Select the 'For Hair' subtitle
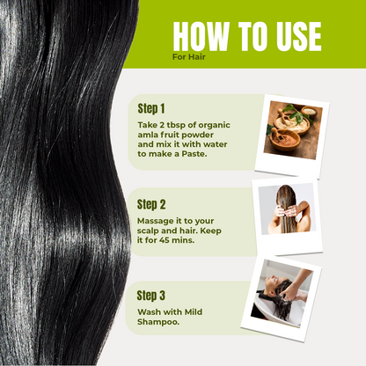[188, 57]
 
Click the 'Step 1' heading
[151, 108]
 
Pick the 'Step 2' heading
[151, 204]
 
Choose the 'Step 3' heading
[151, 296]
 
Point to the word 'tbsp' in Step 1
[176, 125]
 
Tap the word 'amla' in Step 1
[148, 135]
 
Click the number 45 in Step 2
[165, 240]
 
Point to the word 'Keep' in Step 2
[210, 231]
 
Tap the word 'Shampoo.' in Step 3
[158, 322]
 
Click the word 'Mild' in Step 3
[194, 311]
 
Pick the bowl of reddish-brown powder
[285, 139]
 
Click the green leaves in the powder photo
[296, 113]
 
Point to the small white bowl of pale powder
[309, 112]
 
